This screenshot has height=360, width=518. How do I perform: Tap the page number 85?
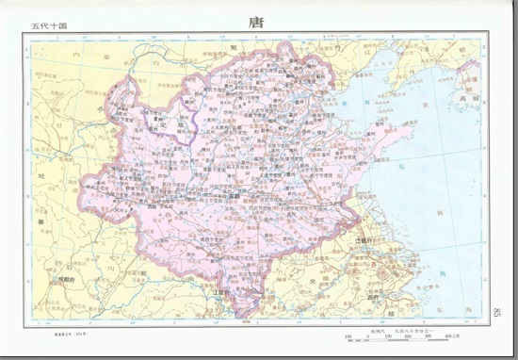(x=496, y=311)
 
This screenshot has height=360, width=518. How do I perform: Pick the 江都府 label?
(x=366, y=241)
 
